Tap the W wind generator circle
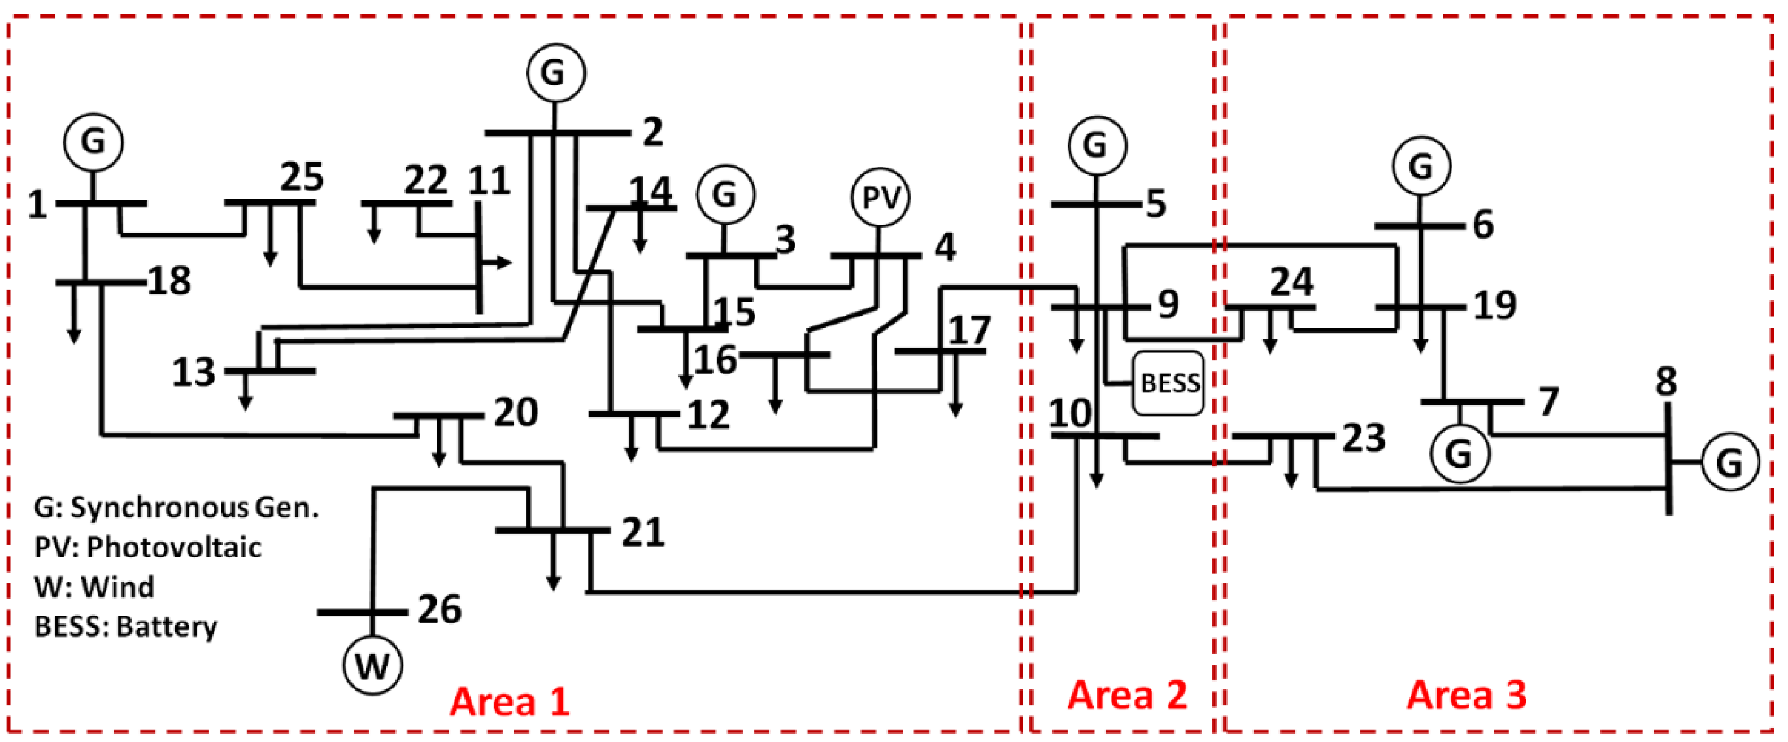click(373, 665)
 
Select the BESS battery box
click(1169, 383)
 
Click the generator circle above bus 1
click(94, 142)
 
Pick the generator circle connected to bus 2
click(555, 73)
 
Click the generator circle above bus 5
click(1097, 146)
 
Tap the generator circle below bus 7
click(1460, 454)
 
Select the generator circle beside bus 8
click(1730, 461)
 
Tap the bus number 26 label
click(440, 609)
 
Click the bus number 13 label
click(194, 373)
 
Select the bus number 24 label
click(1291, 282)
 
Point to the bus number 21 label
click(643, 533)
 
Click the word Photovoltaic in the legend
click(173, 547)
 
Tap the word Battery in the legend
click(167, 627)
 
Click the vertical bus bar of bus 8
click(1668, 458)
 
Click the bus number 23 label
click(1363, 438)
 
